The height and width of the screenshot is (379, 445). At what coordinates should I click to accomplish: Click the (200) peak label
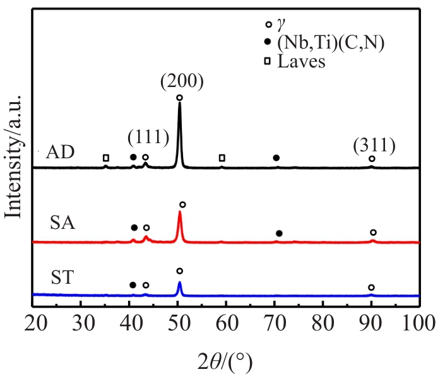[181, 81]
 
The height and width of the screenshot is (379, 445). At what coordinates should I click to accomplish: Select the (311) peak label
[374, 146]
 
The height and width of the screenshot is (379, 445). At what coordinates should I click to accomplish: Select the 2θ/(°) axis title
[225, 362]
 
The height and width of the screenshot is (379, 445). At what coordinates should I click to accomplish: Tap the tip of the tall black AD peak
[180, 103]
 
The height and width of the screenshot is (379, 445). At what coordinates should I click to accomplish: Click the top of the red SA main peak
[180, 212]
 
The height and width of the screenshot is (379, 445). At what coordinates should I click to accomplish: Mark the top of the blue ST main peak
[180, 282]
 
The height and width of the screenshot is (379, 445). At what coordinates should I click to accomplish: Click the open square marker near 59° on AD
[222, 158]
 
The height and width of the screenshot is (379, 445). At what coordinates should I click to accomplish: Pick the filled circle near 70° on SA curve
[279, 233]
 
